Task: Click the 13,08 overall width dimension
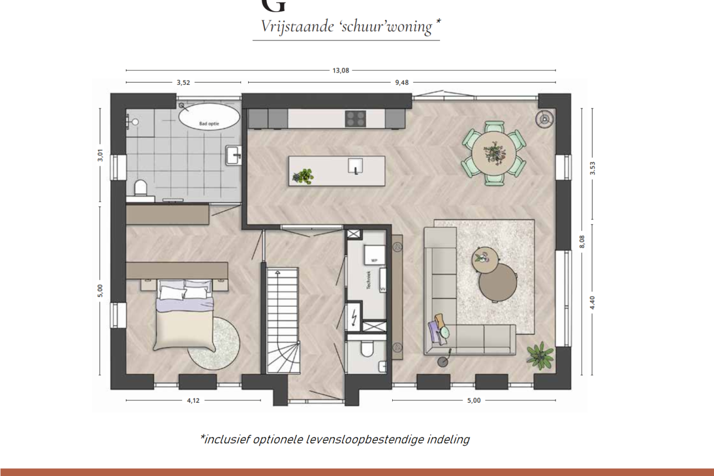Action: tap(341, 71)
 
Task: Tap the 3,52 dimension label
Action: tap(183, 83)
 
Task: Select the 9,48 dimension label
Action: tap(401, 83)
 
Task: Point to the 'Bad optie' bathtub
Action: tap(210, 116)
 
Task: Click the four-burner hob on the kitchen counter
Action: tap(355, 118)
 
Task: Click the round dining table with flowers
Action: tap(494, 153)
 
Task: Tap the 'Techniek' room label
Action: tap(369, 282)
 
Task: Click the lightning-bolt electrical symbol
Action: tap(354, 318)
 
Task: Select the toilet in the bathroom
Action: tap(140, 188)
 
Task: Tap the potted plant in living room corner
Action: tap(540, 355)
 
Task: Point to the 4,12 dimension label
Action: tap(194, 400)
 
